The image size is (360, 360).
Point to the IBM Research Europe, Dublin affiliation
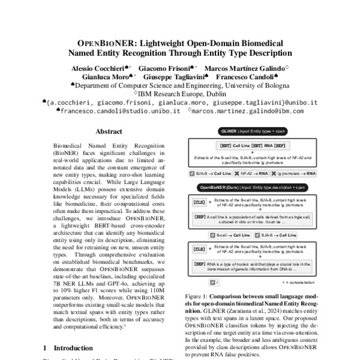click(x=180, y=94)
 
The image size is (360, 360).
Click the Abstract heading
click(x=109, y=131)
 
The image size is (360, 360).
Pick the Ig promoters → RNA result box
click(x=277, y=173)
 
